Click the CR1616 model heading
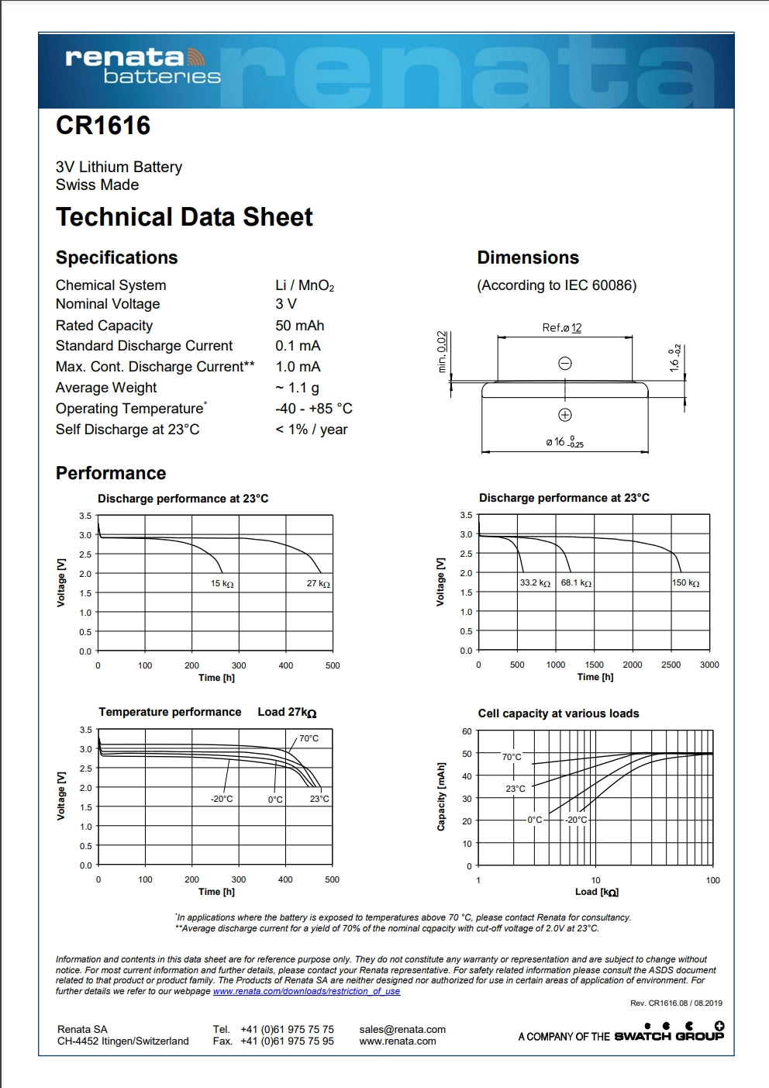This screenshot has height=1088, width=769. [x=103, y=126]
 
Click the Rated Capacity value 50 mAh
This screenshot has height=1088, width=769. [x=299, y=326]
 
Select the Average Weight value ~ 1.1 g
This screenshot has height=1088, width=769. [x=297, y=388]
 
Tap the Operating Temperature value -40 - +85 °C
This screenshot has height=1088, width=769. [x=313, y=409]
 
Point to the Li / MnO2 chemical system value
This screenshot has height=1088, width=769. [x=305, y=285]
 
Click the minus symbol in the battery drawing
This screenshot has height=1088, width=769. [x=565, y=363]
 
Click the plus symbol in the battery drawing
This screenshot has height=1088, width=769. [x=565, y=415]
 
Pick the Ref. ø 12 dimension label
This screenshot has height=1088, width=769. [x=561, y=328]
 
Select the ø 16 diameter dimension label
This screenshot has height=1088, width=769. [x=564, y=442]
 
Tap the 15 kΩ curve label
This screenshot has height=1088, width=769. [x=222, y=584]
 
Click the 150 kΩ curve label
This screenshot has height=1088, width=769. [x=685, y=583]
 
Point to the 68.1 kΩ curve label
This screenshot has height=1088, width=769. [x=576, y=582]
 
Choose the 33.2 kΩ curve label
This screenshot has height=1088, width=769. [x=535, y=582]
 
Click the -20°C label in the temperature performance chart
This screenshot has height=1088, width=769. [x=222, y=799]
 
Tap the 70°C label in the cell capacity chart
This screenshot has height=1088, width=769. [x=512, y=757]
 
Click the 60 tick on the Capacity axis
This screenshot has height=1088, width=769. [x=467, y=731]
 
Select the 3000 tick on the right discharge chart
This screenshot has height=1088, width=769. [x=709, y=665]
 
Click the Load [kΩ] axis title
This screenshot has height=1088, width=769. [x=596, y=892]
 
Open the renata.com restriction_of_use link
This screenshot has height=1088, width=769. [x=306, y=991]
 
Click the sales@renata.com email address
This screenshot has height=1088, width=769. [x=402, y=1030]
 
